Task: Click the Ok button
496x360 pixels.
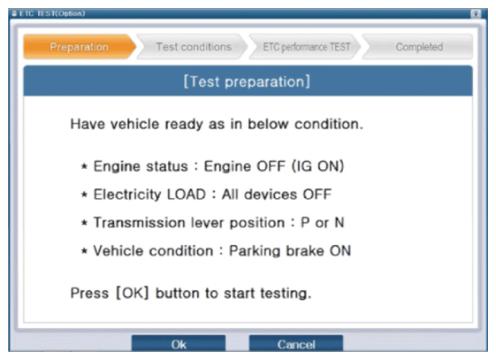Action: pos(179,343)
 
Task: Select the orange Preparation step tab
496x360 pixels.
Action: pos(80,47)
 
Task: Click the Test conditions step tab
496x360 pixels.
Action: pos(193,47)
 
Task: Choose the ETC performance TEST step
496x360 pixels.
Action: pos(305,47)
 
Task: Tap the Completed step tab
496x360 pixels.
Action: pos(418,47)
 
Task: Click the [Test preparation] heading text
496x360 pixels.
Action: pos(247,81)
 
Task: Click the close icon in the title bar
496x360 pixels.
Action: pos(476,13)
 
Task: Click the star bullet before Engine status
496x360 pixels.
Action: pos(84,166)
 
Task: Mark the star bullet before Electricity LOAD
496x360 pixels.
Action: pos(84,195)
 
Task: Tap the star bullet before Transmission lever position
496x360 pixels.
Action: pos(84,223)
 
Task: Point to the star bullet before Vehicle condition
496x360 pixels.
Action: pos(84,251)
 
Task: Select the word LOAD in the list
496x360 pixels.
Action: pos(187,195)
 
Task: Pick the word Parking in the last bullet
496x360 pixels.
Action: pos(255,251)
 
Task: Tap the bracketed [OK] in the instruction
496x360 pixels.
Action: pos(133,293)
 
